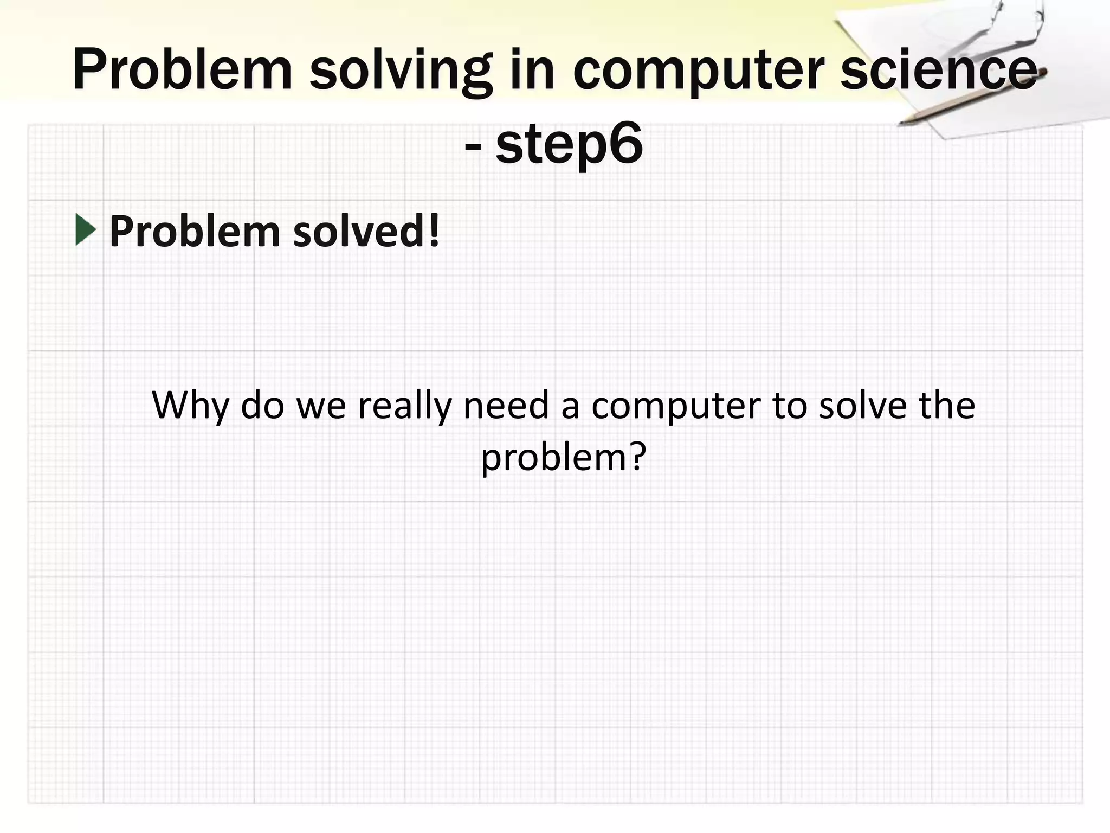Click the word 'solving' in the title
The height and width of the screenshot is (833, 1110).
(401, 71)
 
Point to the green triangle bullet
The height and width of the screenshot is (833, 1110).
(86, 229)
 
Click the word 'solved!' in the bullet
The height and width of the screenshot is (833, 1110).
(366, 231)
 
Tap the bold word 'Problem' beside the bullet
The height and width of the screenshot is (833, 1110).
(194, 231)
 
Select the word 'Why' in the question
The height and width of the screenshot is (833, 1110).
(190, 406)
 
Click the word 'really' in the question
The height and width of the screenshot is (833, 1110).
(404, 406)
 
